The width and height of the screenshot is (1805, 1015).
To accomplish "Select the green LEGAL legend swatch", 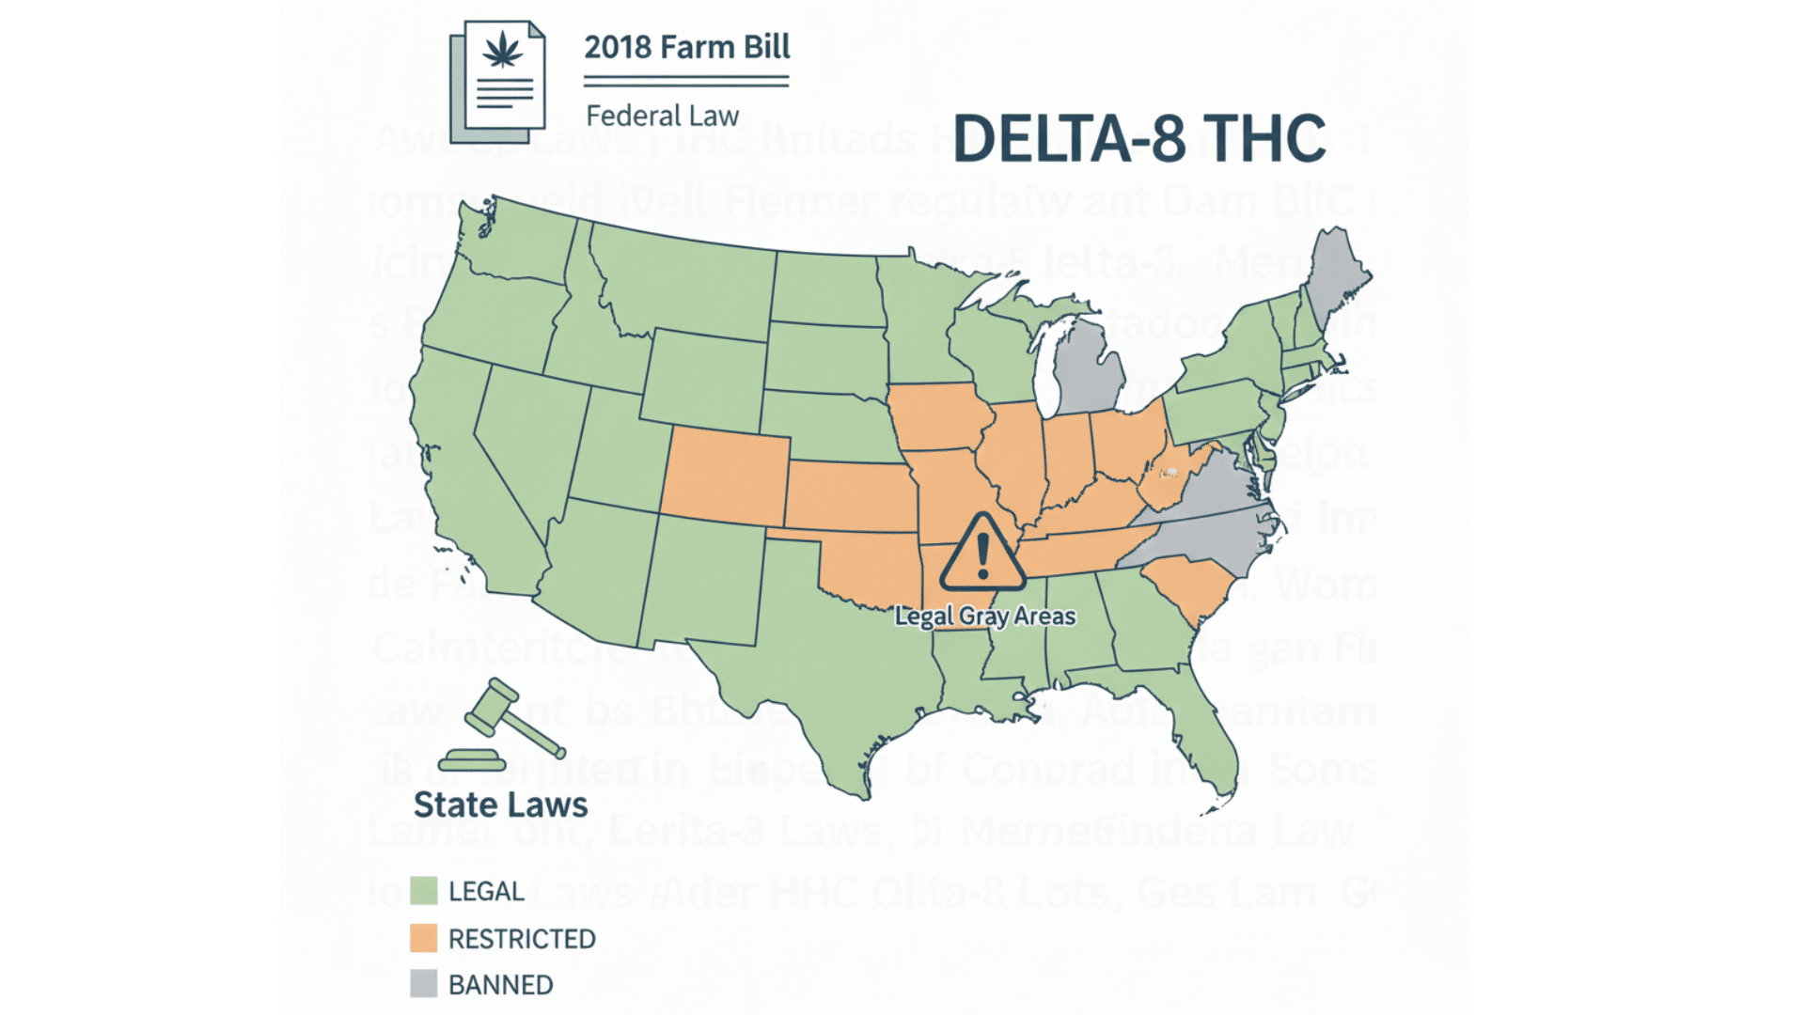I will pos(424,890).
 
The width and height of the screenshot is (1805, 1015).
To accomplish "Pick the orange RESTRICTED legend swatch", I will pos(424,938).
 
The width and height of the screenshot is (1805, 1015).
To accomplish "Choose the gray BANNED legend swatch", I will pos(424,984).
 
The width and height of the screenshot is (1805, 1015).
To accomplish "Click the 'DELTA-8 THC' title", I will pos(1138,139).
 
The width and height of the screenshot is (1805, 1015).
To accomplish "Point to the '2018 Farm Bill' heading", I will pos(686,47).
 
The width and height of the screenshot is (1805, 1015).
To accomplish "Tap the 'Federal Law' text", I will pos(662,116).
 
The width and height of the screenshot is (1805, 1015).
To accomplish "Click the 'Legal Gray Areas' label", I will pos(984,617).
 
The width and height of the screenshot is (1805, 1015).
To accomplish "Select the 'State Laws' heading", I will pos(500,805).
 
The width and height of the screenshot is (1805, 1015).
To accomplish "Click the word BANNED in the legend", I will pos(500,984).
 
